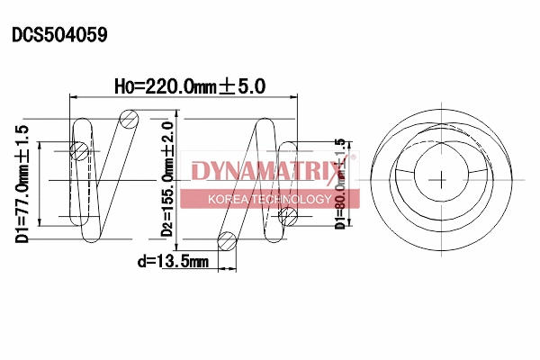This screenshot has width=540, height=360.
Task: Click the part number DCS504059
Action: click(59, 35)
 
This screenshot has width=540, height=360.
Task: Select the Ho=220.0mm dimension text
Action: click(166, 86)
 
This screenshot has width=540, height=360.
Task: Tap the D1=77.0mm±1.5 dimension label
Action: click(24, 184)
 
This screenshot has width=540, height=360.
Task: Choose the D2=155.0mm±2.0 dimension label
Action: click(166, 184)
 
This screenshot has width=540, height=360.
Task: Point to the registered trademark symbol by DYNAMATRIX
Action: click(352, 158)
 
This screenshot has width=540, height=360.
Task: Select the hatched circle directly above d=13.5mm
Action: click(227, 240)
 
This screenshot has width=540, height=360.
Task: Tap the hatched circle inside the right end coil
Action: click(288, 215)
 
